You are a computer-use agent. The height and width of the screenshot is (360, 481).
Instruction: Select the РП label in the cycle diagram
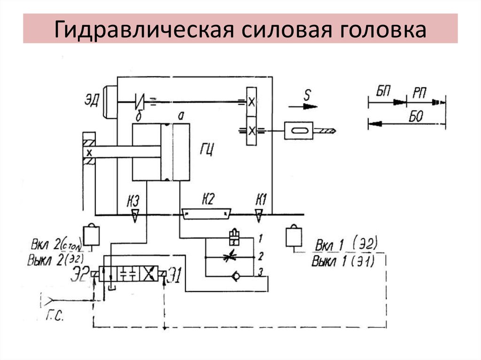[419, 92]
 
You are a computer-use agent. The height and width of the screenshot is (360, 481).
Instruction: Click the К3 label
[133, 202]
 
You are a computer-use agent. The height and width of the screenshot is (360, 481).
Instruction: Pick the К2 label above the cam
[208, 200]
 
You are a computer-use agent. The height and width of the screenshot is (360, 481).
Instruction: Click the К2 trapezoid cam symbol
[207, 214]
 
